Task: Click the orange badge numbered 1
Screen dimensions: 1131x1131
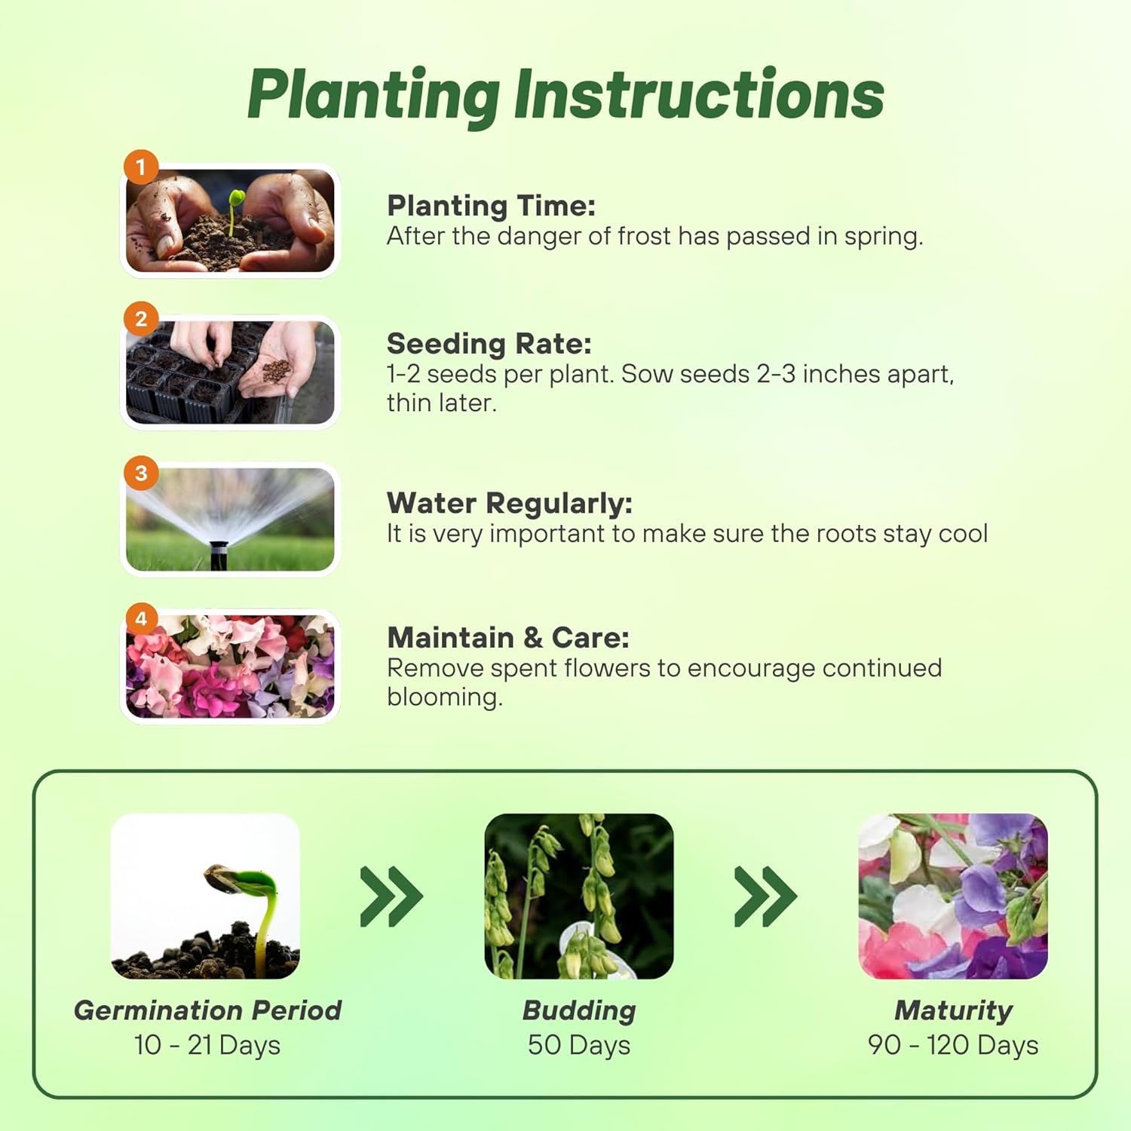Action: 141,167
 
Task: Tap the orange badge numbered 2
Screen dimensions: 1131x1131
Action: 141,319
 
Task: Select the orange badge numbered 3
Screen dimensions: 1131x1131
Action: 141,473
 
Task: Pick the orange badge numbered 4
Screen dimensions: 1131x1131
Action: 141,619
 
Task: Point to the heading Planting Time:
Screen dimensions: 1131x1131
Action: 491,206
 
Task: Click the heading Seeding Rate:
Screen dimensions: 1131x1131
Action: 489,344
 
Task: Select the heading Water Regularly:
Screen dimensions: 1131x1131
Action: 510,503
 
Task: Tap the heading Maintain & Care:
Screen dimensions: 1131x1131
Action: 508,638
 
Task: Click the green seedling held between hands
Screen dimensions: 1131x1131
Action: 235,209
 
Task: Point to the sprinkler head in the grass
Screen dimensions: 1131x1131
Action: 219,554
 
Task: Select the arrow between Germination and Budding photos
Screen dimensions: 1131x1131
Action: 391,897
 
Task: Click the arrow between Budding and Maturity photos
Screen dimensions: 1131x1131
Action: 765,897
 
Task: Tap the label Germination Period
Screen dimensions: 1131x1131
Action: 207,1010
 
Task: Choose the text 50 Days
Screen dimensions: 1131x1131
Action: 579,1045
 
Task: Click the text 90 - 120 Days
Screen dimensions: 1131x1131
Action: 953,1045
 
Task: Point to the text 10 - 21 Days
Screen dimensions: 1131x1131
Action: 207,1045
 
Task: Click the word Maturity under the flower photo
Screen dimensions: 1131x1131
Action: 954,1010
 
